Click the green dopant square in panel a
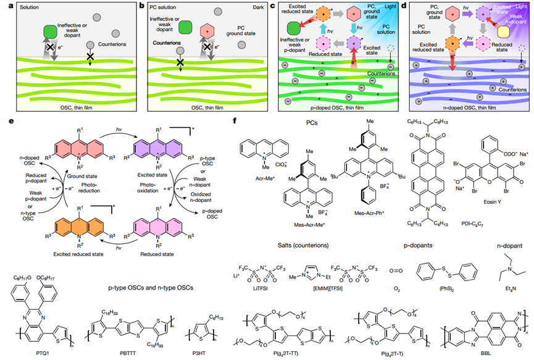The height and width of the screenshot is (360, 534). (x=51, y=32)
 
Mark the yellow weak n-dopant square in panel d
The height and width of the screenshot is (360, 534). (x=501, y=35)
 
